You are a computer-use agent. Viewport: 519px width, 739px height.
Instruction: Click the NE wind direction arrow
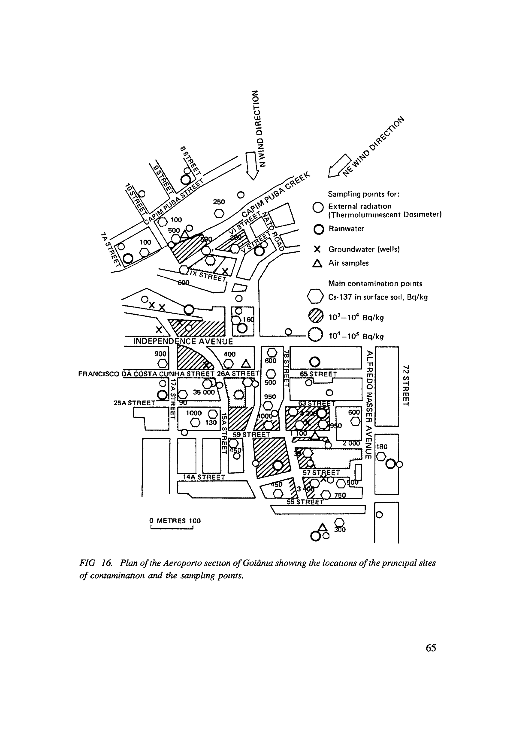point(339,166)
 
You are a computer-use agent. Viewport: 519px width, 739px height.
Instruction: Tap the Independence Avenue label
point(183,341)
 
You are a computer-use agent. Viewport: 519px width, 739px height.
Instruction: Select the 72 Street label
point(406,385)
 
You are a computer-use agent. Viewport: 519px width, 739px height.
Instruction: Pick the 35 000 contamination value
point(204,392)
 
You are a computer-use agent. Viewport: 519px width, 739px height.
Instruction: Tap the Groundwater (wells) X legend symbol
point(317,249)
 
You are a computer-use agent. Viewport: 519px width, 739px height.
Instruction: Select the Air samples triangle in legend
point(317,263)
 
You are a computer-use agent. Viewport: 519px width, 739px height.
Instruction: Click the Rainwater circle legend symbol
point(318,229)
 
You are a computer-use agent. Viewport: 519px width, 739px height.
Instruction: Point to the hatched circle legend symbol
point(315,316)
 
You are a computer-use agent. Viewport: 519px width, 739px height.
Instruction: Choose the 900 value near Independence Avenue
point(160,354)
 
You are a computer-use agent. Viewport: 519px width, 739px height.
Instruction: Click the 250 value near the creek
point(219,202)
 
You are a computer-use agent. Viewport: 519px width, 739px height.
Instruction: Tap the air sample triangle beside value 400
point(246,364)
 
